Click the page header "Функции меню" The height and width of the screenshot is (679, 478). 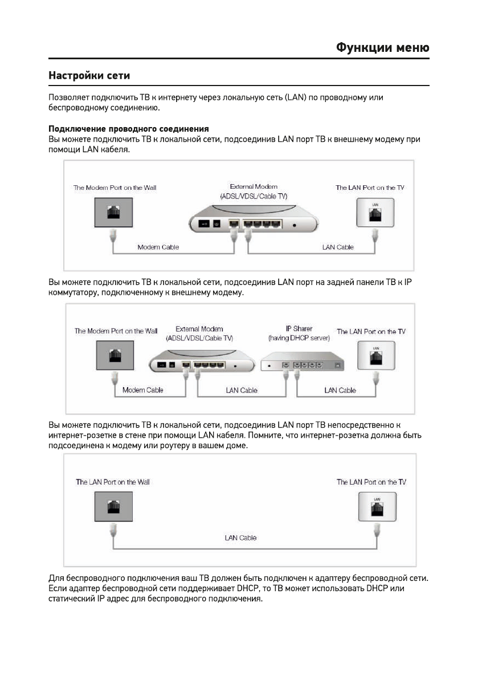382,47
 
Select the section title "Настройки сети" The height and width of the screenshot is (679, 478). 89,75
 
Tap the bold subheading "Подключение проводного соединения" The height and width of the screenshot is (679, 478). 129,129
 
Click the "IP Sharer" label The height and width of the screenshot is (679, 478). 299,329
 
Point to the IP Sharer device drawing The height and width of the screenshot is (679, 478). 303,363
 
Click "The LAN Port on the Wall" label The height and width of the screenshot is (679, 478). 113,482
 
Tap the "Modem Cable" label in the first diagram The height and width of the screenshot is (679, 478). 158,247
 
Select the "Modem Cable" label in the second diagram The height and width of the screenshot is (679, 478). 143,390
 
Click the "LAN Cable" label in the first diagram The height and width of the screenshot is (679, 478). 338,247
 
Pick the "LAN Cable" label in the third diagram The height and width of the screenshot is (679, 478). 240,538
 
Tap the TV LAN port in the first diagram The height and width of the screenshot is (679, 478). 375,213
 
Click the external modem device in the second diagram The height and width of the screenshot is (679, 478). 199,363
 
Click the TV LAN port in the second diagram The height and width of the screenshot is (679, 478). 376,356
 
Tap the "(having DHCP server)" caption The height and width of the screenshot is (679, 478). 299,338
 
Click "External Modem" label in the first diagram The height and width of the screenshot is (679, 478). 254,186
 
